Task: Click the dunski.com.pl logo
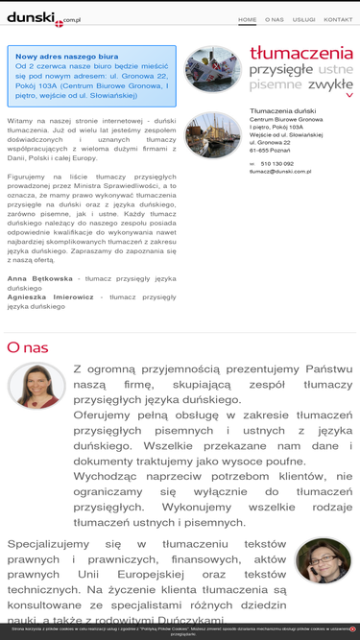[x=43, y=18]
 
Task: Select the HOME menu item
[x=247, y=19]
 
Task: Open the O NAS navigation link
[x=275, y=19]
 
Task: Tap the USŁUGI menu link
[x=303, y=19]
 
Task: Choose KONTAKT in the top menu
[x=338, y=19]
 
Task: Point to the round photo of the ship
[x=212, y=69]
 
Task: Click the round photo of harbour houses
[x=212, y=135]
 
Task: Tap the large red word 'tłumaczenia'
[x=300, y=53]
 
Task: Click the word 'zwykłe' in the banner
[x=330, y=84]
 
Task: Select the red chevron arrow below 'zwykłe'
[x=349, y=96]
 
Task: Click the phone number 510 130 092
[x=277, y=164]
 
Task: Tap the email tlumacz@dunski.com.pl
[x=280, y=172]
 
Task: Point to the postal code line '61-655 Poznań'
[x=271, y=150]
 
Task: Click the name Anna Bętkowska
[x=40, y=278]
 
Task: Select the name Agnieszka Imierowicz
[x=50, y=296]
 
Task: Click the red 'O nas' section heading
[x=27, y=347]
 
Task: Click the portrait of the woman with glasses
[x=323, y=560]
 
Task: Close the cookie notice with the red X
[x=352, y=629]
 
